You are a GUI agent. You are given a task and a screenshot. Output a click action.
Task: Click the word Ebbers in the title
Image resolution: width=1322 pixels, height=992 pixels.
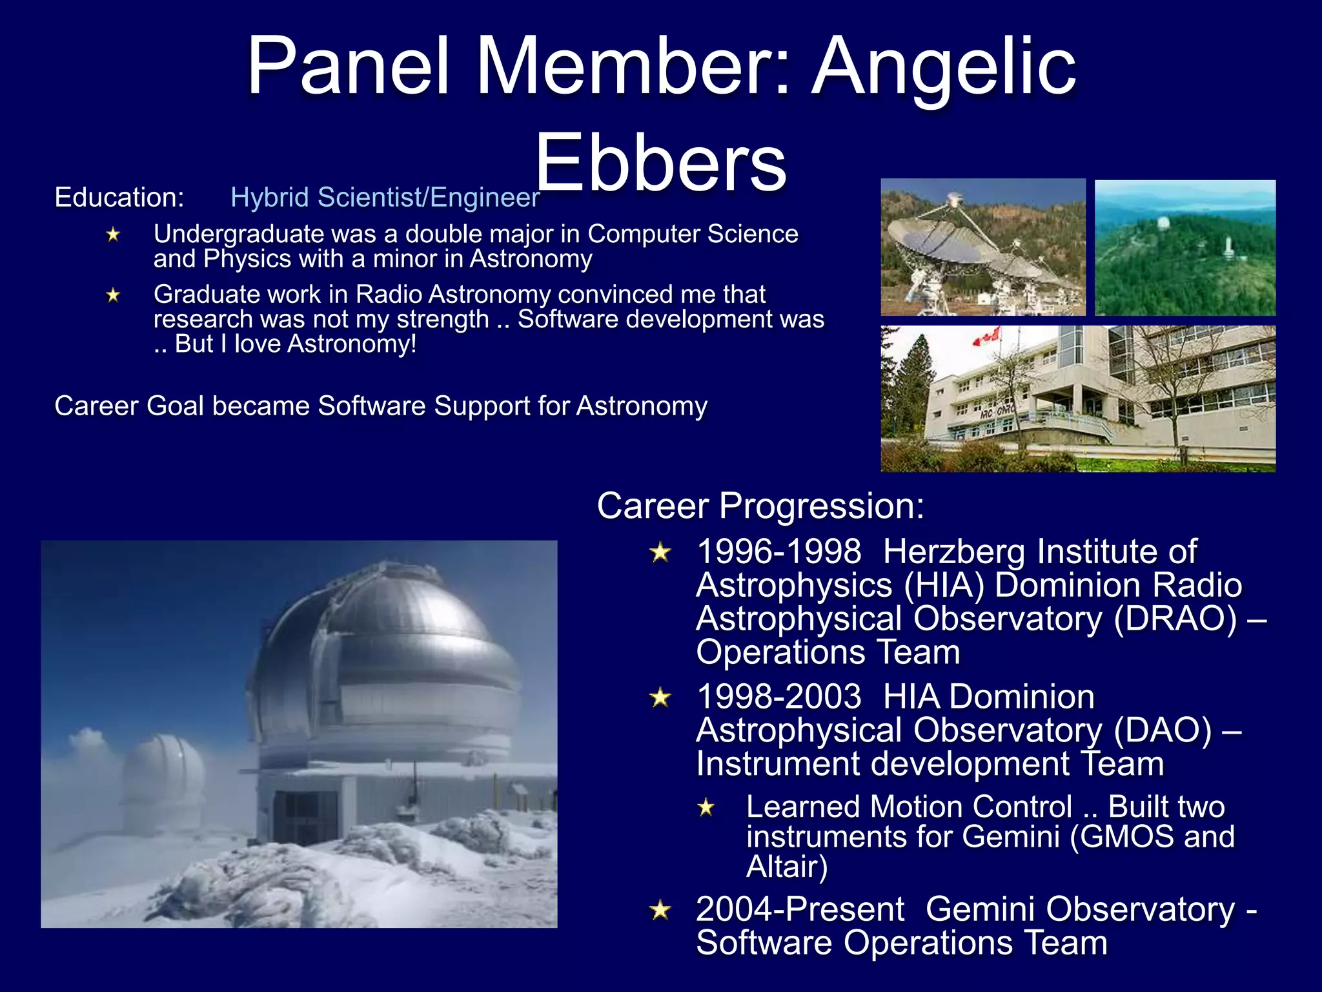(660, 163)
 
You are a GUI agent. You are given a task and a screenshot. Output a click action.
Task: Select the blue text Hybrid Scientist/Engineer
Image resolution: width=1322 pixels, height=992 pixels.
(385, 197)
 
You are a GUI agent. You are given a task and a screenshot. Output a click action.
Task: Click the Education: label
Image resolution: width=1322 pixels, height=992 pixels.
(119, 197)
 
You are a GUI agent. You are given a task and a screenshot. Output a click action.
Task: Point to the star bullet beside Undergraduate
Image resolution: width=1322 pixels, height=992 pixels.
(114, 234)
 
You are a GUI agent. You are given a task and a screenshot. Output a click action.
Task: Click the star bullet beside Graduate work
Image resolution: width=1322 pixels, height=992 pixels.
(114, 295)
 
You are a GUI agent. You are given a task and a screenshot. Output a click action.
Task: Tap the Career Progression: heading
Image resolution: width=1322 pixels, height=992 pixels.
(760, 506)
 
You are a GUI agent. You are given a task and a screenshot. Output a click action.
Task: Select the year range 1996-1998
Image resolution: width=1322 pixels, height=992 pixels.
(778, 552)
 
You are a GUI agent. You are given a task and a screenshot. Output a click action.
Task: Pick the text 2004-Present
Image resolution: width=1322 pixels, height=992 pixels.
(800, 909)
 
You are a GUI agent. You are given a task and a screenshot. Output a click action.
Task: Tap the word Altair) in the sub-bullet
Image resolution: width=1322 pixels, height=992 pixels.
(786, 867)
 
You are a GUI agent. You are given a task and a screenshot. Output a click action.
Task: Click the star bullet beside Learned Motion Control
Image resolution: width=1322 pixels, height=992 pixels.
(706, 807)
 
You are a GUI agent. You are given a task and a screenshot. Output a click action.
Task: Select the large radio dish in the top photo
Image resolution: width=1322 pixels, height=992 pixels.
(930, 239)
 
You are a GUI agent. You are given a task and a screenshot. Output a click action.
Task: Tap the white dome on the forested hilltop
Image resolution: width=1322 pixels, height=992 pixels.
(1162, 224)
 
